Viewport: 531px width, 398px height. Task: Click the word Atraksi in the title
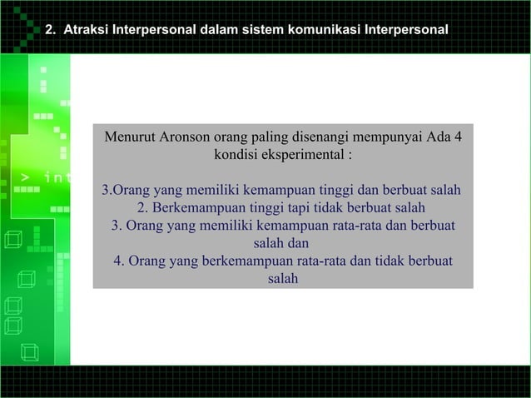tap(86, 31)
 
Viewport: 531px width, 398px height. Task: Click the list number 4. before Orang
tap(120, 261)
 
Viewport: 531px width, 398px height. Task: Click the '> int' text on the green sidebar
tap(46, 177)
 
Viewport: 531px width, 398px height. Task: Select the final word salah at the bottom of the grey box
tap(283, 278)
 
